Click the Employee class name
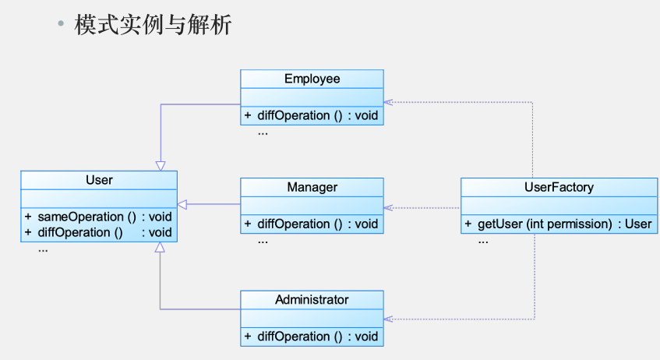click(312, 79)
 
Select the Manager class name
click(312, 187)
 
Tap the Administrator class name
click(312, 299)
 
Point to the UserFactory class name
click(559, 187)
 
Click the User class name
click(99, 180)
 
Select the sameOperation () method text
click(87, 217)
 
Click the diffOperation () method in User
click(80, 232)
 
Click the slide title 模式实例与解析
click(153, 24)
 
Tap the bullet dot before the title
click(61, 23)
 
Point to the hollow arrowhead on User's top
click(161, 166)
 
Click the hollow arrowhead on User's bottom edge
click(160, 247)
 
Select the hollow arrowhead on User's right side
click(182, 204)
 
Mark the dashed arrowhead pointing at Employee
click(388, 102)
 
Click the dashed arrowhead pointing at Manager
click(388, 207)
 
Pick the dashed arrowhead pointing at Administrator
click(388, 319)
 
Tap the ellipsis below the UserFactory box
click(483, 242)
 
